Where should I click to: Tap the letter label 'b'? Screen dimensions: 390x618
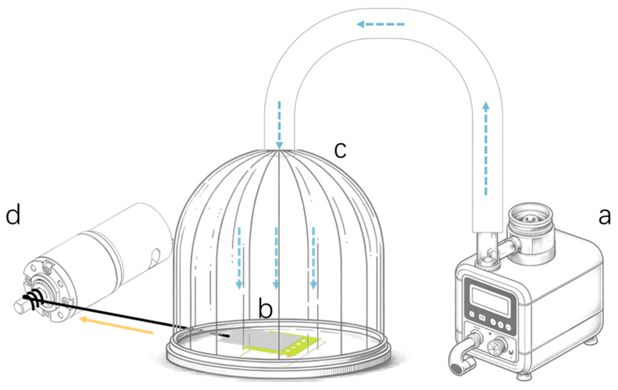click(265, 310)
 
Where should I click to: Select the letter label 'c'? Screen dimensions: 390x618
click(340, 150)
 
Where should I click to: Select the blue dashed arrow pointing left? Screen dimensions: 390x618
click(380, 24)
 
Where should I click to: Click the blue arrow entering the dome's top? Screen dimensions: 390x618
click(279, 125)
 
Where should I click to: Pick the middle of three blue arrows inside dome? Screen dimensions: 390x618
click(276, 258)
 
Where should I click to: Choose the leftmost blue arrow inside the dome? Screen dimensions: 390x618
click(239, 258)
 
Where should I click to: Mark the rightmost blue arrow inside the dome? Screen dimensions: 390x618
click(313, 258)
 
